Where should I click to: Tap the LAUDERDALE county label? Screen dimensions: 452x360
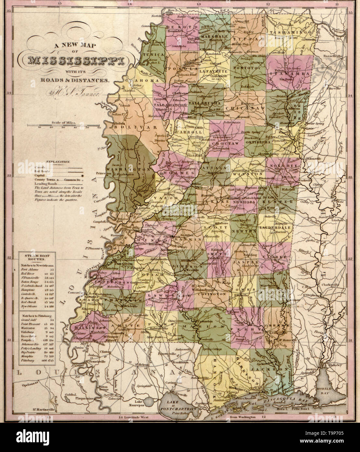point(275,228)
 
